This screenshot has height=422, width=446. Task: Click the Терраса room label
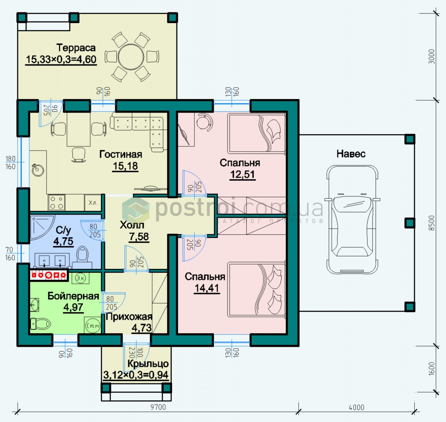(x=76, y=48)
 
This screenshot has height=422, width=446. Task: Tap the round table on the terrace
(x=131, y=57)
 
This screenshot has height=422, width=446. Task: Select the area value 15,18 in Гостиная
(x=125, y=166)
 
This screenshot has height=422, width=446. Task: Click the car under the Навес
(x=352, y=219)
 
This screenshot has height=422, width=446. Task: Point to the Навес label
(x=351, y=154)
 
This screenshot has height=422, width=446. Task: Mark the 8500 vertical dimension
(x=432, y=223)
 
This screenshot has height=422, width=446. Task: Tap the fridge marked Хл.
(x=93, y=203)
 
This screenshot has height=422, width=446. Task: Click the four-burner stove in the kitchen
(x=57, y=203)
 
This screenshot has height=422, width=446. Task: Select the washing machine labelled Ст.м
(x=93, y=326)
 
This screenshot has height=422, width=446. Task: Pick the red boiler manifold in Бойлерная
(x=49, y=275)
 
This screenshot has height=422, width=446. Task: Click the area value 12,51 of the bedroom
(x=243, y=175)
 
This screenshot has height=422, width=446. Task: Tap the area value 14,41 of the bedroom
(x=207, y=288)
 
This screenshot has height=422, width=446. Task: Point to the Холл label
(x=132, y=225)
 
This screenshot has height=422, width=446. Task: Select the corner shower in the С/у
(x=42, y=226)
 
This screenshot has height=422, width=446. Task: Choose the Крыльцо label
(x=148, y=364)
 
